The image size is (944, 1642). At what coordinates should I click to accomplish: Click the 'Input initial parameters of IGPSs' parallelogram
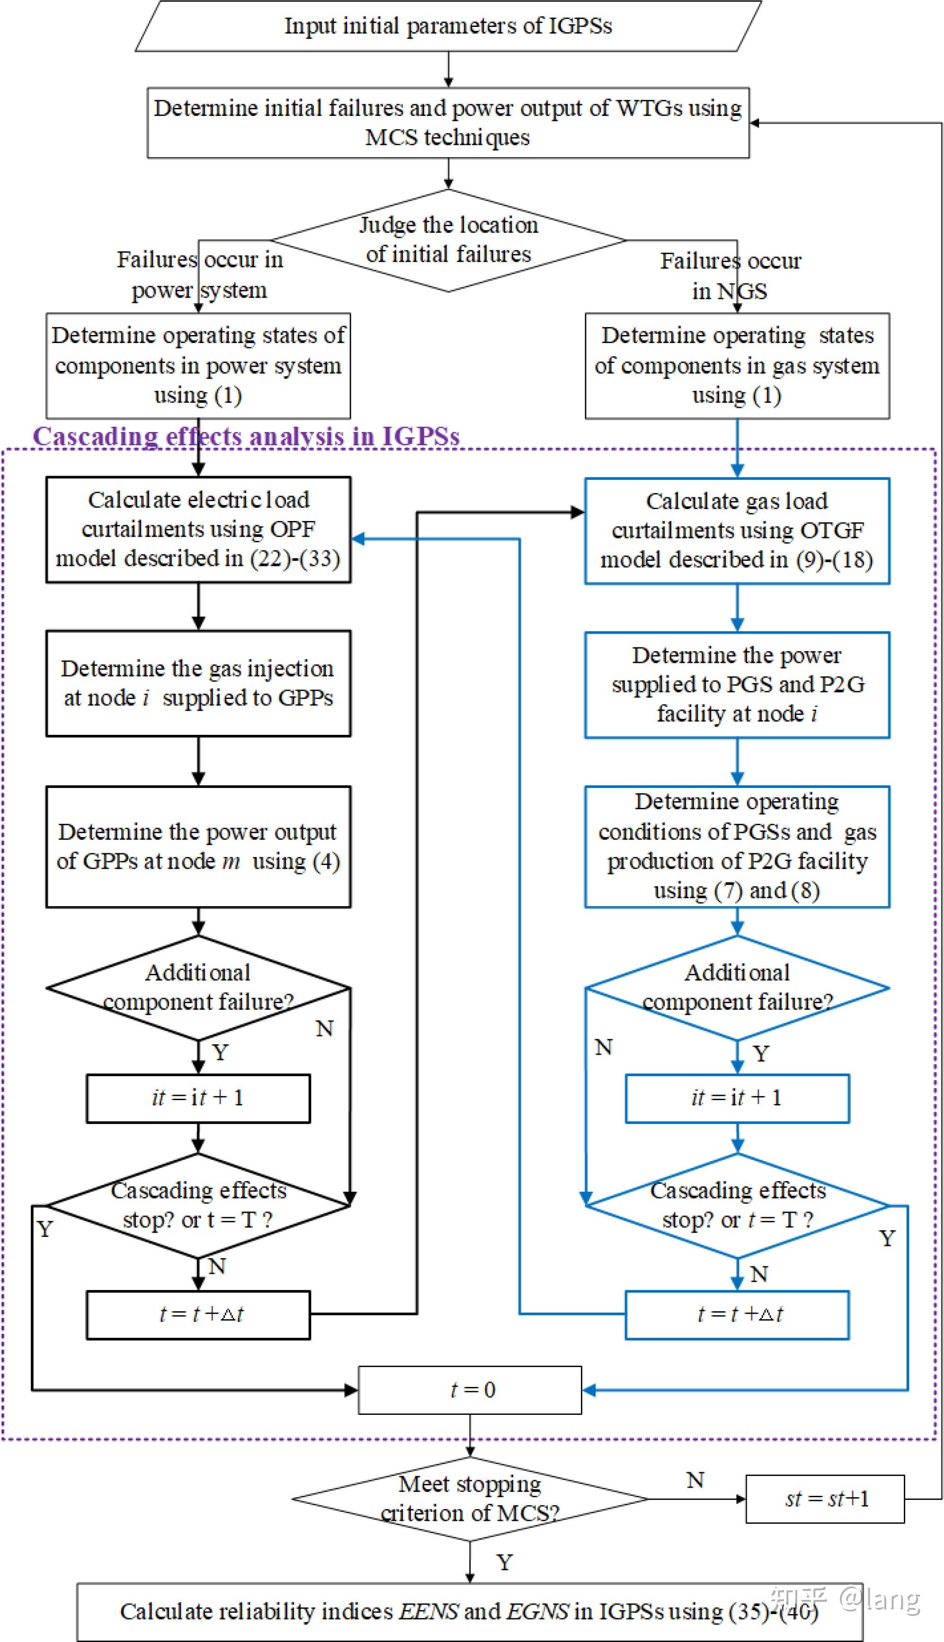click(447, 26)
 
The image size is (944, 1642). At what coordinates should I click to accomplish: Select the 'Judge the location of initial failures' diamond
click(448, 240)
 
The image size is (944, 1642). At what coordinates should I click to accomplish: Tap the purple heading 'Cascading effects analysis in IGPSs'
click(246, 436)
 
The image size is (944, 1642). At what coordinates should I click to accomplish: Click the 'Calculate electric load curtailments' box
click(198, 530)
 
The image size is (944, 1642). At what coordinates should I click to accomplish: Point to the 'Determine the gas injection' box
click(198, 683)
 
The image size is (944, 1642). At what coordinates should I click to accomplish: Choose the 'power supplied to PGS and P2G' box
click(737, 684)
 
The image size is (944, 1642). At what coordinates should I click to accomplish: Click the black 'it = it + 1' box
click(198, 1098)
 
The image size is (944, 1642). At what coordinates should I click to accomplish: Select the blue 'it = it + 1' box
click(737, 1098)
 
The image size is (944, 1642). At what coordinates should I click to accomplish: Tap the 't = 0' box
click(470, 1390)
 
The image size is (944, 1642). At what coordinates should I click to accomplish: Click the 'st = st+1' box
click(825, 1499)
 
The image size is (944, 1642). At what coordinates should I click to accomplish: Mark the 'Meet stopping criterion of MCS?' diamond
click(470, 1499)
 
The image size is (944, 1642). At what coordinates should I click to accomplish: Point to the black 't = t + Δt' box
click(198, 1315)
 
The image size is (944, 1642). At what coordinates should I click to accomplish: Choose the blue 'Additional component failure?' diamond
click(737, 988)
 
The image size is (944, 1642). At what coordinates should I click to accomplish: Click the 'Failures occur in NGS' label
click(730, 275)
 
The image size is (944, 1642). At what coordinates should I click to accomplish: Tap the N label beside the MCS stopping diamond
click(695, 1481)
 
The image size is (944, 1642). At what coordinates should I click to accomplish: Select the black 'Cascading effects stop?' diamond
click(198, 1205)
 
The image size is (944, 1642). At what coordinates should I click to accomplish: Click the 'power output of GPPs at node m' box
click(198, 846)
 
